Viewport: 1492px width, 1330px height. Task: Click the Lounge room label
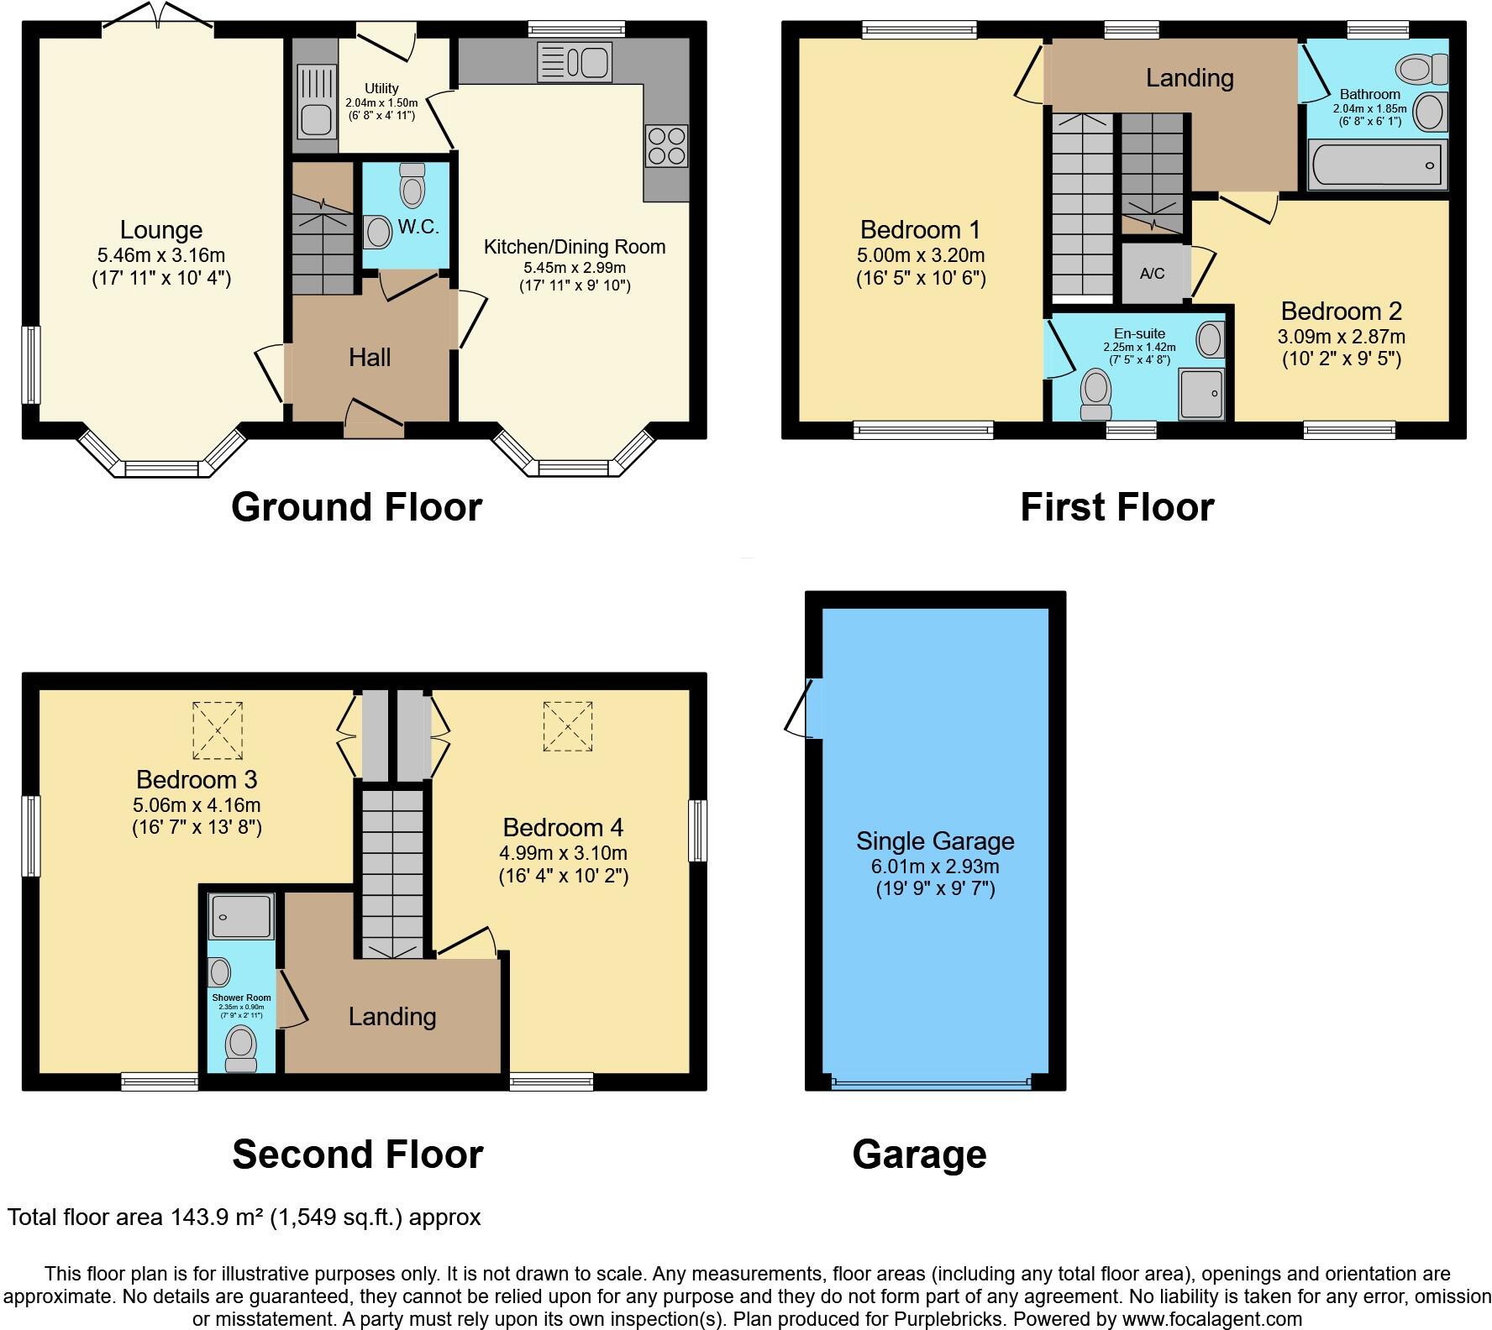(x=160, y=230)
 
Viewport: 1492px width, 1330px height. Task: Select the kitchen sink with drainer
(x=575, y=62)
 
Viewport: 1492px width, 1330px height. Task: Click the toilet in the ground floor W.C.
(x=412, y=186)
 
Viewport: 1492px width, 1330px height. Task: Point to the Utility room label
(x=381, y=88)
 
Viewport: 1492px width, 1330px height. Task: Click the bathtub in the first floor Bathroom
(x=1375, y=165)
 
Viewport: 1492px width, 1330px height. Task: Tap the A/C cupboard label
(x=1152, y=274)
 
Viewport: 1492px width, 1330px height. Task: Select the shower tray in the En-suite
(x=1201, y=394)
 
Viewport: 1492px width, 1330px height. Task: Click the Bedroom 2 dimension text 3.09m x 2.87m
(x=1341, y=337)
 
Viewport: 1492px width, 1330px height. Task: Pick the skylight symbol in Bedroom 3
(x=218, y=730)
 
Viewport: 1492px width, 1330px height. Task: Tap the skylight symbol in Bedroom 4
(x=568, y=727)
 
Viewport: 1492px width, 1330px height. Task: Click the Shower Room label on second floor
(x=241, y=998)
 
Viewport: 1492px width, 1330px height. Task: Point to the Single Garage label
(x=935, y=840)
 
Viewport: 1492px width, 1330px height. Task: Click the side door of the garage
(x=802, y=707)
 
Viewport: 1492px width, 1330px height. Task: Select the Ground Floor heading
(x=356, y=507)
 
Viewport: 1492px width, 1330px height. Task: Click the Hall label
(x=370, y=358)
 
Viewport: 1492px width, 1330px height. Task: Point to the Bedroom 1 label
(x=920, y=229)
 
